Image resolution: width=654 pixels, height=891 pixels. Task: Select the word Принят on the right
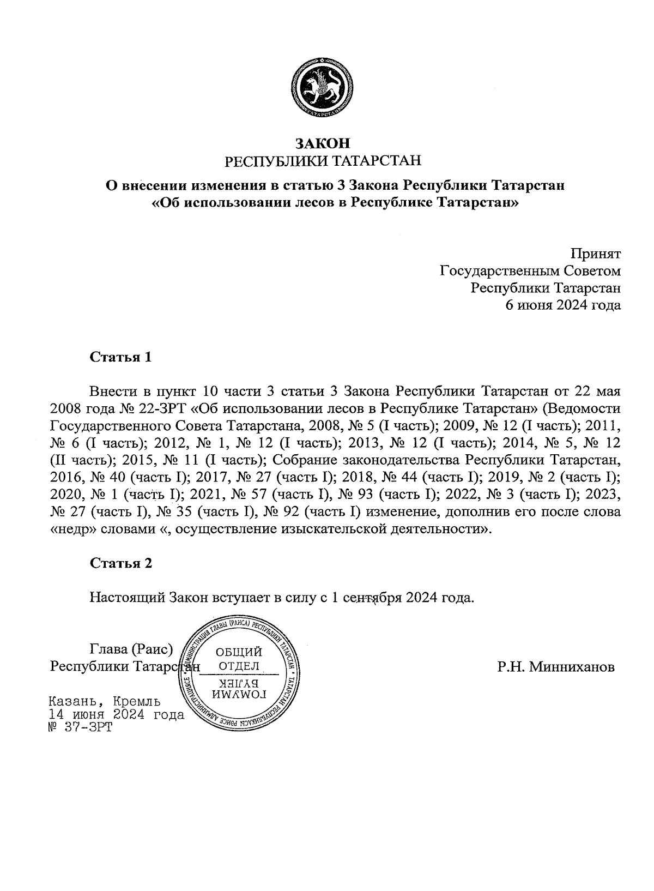coord(595,254)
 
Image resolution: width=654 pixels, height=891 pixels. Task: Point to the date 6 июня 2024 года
coord(564,305)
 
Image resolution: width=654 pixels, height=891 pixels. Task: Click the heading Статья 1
coord(120,358)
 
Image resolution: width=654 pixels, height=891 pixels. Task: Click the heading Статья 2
coord(120,563)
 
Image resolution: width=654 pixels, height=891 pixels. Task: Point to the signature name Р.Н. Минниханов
coord(555,667)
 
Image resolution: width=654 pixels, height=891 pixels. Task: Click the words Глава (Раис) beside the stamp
coord(131,649)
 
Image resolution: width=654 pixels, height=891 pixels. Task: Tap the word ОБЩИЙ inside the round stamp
coord(239,652)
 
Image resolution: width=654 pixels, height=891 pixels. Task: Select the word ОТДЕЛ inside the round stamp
coord(239,666)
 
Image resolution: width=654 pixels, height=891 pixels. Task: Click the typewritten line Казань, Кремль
coord(104,701)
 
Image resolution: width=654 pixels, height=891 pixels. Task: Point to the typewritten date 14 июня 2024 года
coord(116,714)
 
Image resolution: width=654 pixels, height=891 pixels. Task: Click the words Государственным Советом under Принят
coord(530,270)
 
